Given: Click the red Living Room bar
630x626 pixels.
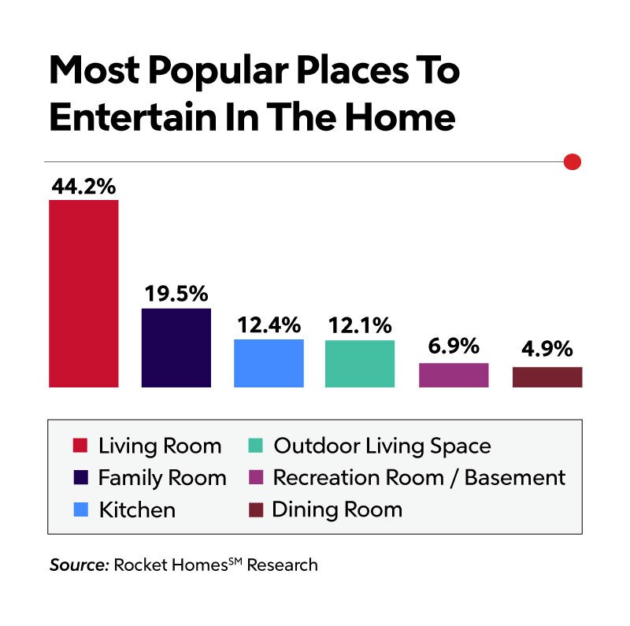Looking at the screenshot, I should coord(83,293).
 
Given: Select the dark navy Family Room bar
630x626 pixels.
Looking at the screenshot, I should coord(176,347).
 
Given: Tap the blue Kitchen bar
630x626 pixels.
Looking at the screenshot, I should coord(269,363).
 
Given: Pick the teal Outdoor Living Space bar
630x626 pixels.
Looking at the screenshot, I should coord(360,364).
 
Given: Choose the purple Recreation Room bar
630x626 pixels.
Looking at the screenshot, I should coord(454,375).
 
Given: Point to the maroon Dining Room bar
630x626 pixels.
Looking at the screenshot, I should coord(547,377).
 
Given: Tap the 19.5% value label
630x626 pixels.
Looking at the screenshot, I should coord(176,294).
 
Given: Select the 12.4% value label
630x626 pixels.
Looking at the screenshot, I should coord(269,325).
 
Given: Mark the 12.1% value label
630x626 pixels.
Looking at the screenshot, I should coord(360,325).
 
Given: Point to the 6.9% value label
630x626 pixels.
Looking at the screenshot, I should coord(454,347).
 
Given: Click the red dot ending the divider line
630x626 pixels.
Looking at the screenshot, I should coord(573,161).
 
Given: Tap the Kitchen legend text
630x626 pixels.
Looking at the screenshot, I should coord(137,509).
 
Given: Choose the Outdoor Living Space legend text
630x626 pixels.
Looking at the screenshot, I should coord(382,446).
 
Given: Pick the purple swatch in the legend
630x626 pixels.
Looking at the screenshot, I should coord(254,478).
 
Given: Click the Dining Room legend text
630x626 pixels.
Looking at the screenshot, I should coord(337,509).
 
